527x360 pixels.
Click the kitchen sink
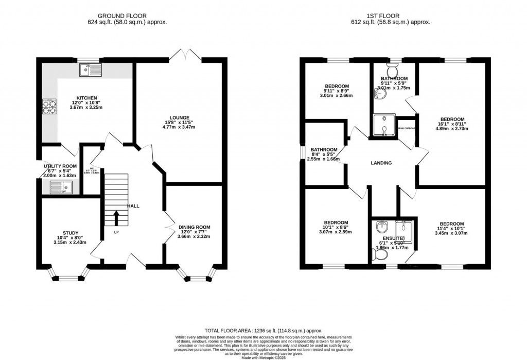tap(91, 70)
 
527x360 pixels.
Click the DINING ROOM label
tap(194, 227)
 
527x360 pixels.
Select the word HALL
tap(133, 206)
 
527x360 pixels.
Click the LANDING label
tap(381, 163)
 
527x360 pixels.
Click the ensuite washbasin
tap(382, 227)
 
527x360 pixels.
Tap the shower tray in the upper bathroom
tap(385, 126)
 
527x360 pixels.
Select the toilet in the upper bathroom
tap(394, 70)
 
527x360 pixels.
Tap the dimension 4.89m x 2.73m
tap(452, 130)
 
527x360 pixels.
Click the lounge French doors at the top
tap(183, 55)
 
